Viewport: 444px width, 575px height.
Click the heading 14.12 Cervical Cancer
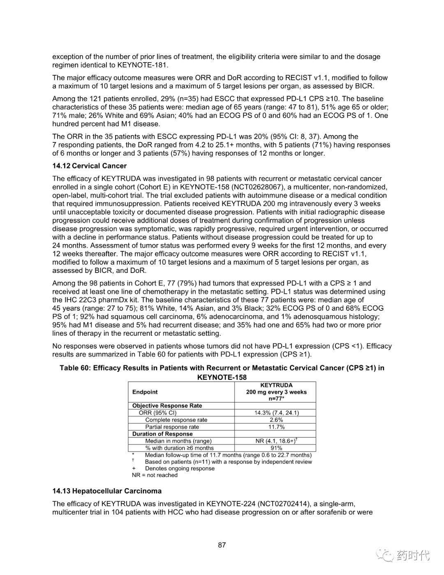[89, 166]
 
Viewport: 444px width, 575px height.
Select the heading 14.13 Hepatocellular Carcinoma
[107, 491]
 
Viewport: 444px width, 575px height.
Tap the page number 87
[222, 545]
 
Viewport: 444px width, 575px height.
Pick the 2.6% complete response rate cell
[276, 420]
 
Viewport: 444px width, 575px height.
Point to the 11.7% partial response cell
[276, 427]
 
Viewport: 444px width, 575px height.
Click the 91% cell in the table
[276, 448]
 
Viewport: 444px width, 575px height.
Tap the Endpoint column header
[145, 392]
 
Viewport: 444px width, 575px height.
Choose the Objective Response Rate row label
[167, 405]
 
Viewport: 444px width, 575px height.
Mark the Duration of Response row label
[162, 434]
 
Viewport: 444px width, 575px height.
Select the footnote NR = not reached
[155, 475]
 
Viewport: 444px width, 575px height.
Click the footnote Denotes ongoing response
[180, 468]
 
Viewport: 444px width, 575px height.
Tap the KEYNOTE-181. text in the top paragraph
[143, 65]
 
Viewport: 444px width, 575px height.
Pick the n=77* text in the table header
[276, 398]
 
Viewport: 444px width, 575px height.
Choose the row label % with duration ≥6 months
[179, 448]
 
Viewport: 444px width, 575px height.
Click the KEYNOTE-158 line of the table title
[222, 377]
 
